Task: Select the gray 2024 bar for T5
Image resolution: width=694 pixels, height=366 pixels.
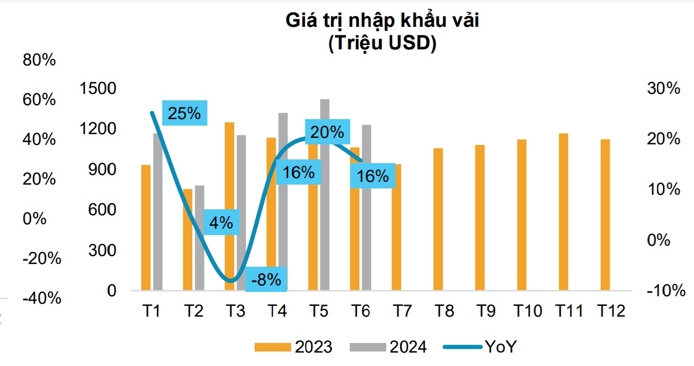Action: click(x=324, y=193)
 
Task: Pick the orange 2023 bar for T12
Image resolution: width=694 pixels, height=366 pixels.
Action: click(x=605, y=215)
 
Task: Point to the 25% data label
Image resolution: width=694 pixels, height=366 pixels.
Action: click(x=184, y=113)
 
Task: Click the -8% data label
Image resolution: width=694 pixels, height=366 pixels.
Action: click(x=266, y=279)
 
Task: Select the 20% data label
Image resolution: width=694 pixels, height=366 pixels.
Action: click(x=327, y=132)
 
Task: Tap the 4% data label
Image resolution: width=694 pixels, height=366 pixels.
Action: click(x=221, y=222)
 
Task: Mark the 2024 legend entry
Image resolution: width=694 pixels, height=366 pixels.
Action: click(x=388, y=347)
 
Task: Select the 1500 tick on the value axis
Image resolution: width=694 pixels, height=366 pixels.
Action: click(x=98, y=89)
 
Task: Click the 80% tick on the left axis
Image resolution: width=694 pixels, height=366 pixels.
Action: click(x=39, y=60)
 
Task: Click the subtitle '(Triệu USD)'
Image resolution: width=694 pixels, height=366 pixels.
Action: click(x=381, y=43)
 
